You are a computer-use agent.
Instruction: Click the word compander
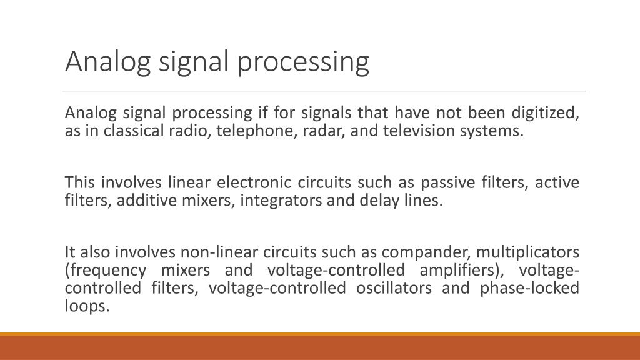point(416,252)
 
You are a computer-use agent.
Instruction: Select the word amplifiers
point(462,271)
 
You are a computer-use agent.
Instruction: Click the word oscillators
point(394,289)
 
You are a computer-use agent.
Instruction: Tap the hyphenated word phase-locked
point(530,289)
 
